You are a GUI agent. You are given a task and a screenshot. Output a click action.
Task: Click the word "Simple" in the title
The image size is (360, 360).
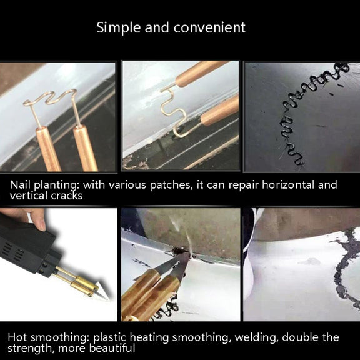coord(119,28)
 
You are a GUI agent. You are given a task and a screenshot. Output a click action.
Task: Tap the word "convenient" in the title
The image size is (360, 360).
coord(209,27)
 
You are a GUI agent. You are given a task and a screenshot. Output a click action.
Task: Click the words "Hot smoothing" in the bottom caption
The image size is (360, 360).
coord(49,338)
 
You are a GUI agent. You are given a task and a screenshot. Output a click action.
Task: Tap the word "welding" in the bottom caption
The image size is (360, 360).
coord(256,337)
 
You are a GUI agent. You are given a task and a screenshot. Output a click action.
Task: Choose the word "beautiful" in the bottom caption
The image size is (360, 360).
coord(112,348)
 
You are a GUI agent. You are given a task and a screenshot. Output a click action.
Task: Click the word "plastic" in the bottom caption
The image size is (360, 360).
coord(109,338)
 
